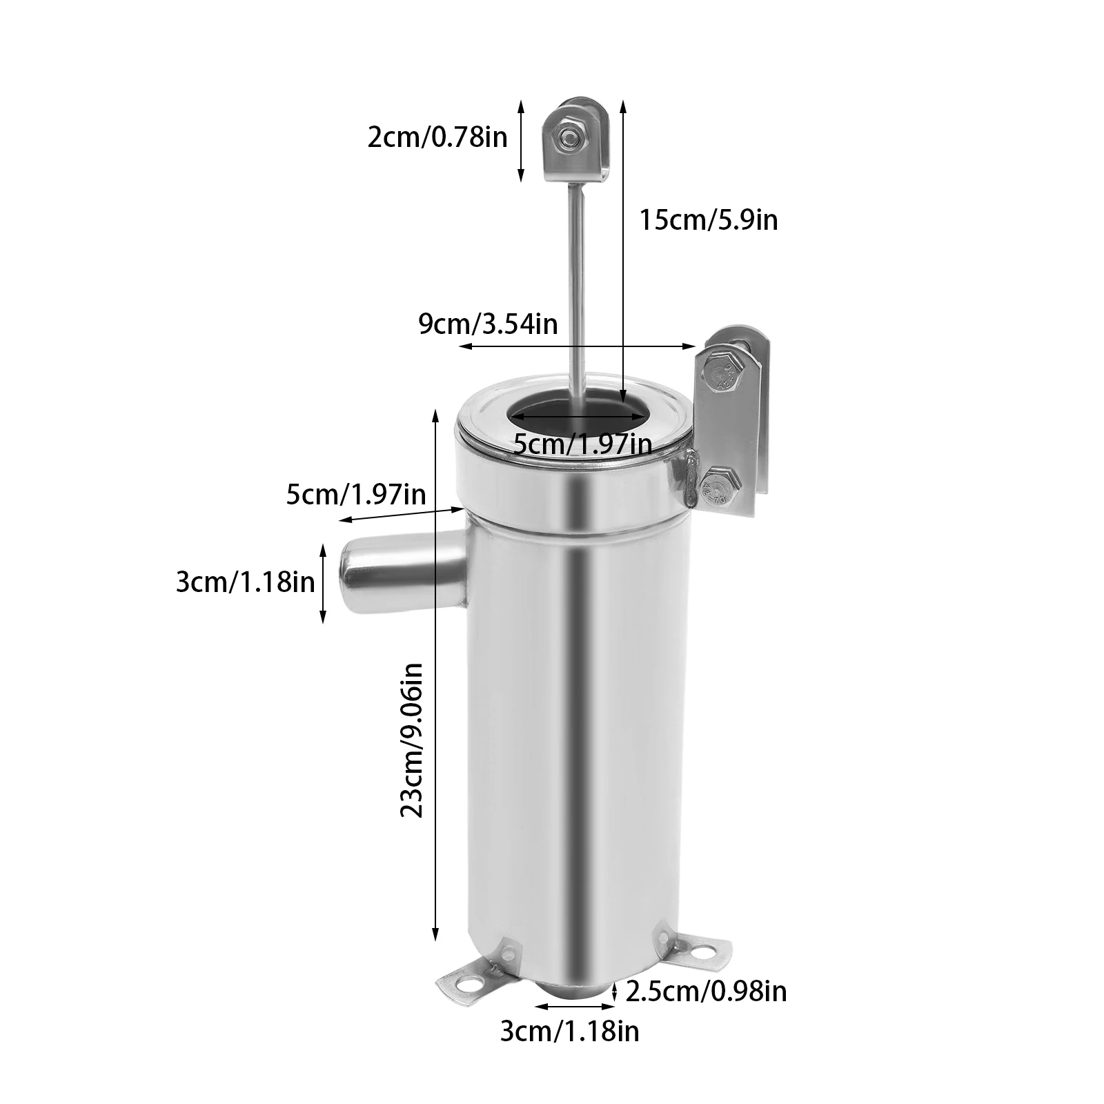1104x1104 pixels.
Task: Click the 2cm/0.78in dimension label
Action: [437, 137]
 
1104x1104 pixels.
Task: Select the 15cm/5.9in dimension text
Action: [709, 220]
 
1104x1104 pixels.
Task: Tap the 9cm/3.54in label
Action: [488, 324]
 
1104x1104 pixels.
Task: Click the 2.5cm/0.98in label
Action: [706, 992]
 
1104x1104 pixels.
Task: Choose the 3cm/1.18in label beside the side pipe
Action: [246, 582]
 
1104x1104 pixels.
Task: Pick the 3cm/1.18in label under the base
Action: [570, 1032]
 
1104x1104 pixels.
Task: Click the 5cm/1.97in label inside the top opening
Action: [583, 444]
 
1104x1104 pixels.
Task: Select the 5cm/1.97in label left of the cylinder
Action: [356, 495]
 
